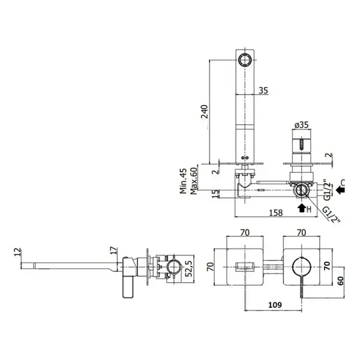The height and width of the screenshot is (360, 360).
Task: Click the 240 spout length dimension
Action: [x=205, y=112]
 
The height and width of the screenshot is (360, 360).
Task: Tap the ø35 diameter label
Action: [x=301, y=125]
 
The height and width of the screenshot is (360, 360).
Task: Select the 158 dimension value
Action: [x=276, y=213]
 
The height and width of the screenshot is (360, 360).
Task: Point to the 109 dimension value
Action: [x=275, y=305]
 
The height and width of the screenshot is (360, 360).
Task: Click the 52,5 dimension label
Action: [x=189, y=269]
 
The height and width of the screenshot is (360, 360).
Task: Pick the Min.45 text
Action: [x=183, y=181]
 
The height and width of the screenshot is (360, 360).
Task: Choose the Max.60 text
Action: [x=194, y=181]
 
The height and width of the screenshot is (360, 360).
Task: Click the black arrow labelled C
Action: [x=340, y=190]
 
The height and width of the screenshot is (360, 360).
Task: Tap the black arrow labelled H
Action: [x=301, y=208]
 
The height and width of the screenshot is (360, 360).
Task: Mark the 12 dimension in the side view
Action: [x=17, y=252]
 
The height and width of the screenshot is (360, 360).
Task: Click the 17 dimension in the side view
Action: [x=113, y=250]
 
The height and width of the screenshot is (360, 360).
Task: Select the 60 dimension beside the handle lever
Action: [x=340, y=281]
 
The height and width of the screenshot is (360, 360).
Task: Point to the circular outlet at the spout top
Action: [x=245, y=59]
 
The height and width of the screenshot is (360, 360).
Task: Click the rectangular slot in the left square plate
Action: [x=245, y=267]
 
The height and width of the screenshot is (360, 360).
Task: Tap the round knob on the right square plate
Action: [x=301, y=267]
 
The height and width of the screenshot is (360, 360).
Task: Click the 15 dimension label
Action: [x=215, y=194]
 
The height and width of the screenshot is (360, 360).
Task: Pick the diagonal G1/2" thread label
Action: [x=331, y=214]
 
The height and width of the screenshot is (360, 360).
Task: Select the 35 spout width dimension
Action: [x=263, y=91]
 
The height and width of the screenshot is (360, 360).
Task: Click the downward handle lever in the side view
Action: [x=128, y=287]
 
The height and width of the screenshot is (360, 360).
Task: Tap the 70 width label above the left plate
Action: [x=245, y=233]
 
